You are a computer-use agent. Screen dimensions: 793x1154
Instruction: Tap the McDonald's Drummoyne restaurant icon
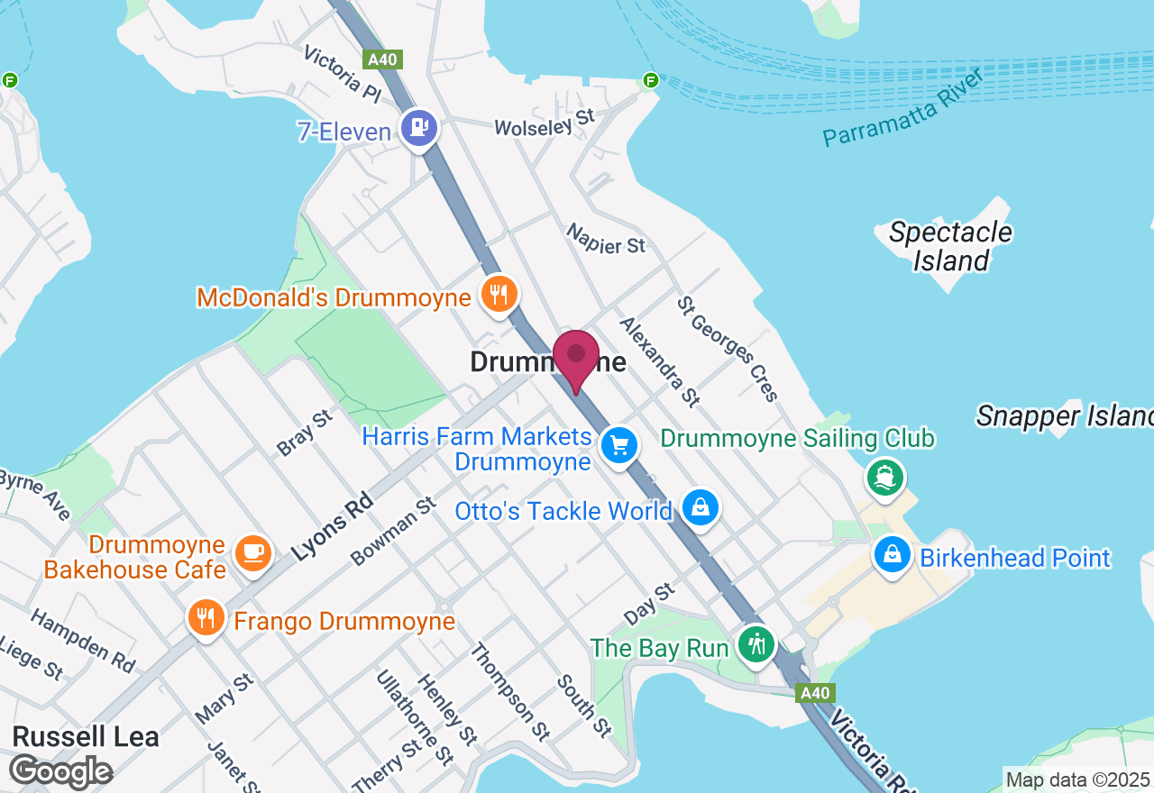pos(498,295)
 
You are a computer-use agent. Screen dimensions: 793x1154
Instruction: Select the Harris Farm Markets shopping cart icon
pos(619,445)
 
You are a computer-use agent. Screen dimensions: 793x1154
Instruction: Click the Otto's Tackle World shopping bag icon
pos(701,508)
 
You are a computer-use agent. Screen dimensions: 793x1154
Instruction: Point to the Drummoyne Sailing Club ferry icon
pos(885,476)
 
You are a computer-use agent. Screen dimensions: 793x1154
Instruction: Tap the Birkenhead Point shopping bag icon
pos(892,554)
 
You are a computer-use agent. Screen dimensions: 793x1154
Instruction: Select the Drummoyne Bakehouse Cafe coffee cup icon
pos(253,551)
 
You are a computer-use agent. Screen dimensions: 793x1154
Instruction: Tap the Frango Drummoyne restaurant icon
pos(207,618)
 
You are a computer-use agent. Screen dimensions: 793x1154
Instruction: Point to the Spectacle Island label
pos(950,246)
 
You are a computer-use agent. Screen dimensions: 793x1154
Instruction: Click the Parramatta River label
pos(902,107)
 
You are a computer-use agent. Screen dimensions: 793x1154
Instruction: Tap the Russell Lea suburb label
pos(87,736)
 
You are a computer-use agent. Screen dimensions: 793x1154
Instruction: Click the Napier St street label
pos(606,239)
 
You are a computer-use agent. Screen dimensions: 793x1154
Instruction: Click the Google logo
pos(60,772)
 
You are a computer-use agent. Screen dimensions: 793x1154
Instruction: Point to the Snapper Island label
pos(1065,415)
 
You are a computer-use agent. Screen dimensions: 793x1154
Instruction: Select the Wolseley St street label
pos(545,123)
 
